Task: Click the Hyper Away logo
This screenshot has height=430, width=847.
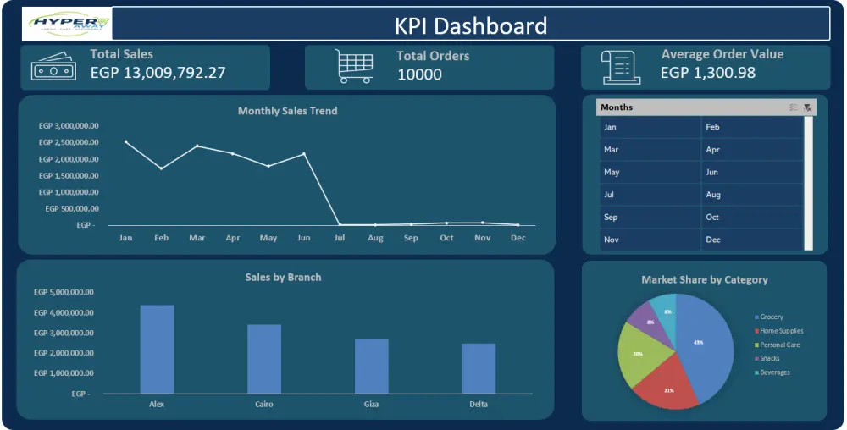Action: tap(66, 25)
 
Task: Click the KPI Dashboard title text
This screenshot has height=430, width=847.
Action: tap(471, 25)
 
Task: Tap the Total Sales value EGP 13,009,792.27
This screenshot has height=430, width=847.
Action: tap(158, 72)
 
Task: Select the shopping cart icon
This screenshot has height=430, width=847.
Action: tap(354, 66)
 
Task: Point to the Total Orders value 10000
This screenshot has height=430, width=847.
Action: tap(419, 74)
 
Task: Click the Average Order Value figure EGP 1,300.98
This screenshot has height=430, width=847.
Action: tap(707, 73)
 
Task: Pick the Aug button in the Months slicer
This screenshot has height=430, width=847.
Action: tap(750, 195)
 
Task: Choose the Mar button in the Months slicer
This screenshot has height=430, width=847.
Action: tap(650, 150)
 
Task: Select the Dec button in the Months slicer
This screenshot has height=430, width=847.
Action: tap(750, 240)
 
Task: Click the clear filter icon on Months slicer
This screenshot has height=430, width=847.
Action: tap(807, 107)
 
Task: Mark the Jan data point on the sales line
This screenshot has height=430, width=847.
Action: tap(126, 141)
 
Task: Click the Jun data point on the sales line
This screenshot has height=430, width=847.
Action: tap(304, 154)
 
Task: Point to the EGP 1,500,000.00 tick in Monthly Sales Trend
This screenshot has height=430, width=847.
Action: tap(69, 175)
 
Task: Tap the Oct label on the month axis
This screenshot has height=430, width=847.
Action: tap(446, 238)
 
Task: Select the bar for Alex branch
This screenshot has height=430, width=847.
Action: tap(157, 349)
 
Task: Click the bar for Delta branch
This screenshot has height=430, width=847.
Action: tap(479, 368)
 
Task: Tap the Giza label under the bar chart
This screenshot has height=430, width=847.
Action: tap(371, 405)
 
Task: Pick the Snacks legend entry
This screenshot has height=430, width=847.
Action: tap(769, 358)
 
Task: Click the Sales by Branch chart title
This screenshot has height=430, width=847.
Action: tap(283, 277)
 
